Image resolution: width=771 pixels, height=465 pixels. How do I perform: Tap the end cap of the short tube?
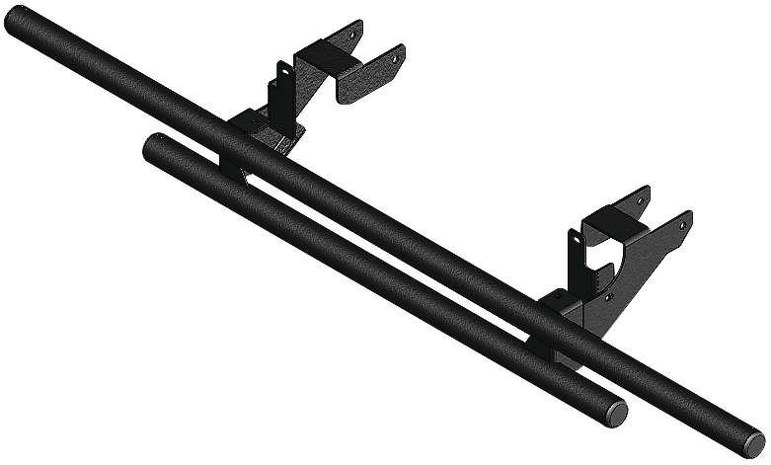[x=615, y=409]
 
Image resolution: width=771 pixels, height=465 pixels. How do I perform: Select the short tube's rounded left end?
[x=153, y=147]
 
